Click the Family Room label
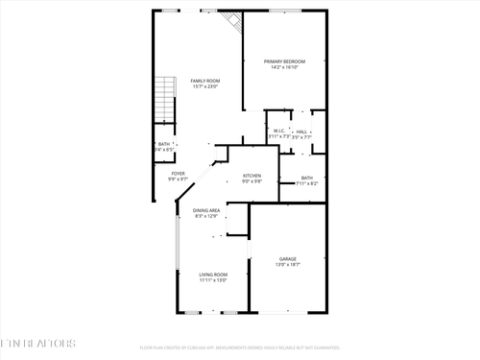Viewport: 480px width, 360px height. (x=204, y=81)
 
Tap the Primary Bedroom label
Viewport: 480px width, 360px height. (x=284, y=61)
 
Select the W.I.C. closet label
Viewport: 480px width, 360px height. (x=278, y=131)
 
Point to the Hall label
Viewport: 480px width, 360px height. (x=301, y=131)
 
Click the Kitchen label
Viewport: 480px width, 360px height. (x=252, y=176)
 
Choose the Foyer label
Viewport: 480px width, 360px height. (x=179, y=174)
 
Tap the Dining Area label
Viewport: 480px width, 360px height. (x=207, y=210)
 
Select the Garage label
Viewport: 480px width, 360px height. (x=288, y=258)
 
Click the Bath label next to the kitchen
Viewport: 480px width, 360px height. (x=306, y=178)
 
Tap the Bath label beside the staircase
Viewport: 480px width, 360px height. (x=163, y=144)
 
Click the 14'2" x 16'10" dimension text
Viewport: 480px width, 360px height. (x=284, y=68)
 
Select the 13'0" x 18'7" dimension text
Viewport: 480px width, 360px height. (x=288, y=264)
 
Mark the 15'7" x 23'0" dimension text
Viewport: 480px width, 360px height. (x=204, y=86)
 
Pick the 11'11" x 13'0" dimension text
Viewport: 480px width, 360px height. (x=213, y=280)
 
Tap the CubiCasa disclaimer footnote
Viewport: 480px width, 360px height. (x=240, y=348)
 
